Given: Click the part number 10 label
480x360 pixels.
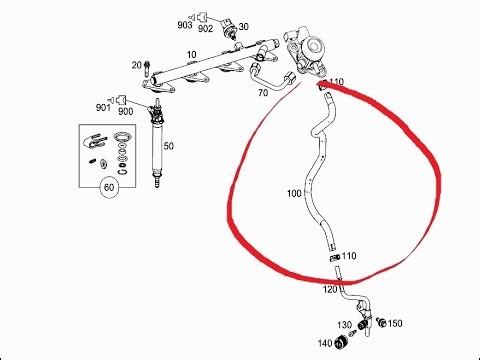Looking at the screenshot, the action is click(x=191, y=54).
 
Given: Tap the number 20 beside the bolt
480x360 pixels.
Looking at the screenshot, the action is click(x=137, y=65).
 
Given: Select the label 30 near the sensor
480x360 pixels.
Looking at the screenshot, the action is click(x=243, y=26).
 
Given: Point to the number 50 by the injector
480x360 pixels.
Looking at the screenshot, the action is click(x=168, y=146).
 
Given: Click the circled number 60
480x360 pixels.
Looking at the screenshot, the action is click(x=109, y=187).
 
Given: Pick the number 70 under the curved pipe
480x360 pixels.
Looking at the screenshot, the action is click(x=263, y=93).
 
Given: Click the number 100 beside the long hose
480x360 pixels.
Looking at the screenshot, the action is click(x=294, y=193).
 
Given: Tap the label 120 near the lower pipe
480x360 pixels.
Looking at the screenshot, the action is click(x=330, y=289).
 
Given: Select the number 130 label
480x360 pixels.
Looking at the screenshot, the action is click(x=344, y=324).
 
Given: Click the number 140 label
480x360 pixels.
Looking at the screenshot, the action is click(x=325, y=343).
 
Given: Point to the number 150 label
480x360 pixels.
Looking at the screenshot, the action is click(x=395, y=323).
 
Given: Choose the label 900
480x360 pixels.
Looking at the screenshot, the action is click(x=126, y=111).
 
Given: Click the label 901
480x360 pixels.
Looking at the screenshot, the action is click(x=103, y=107).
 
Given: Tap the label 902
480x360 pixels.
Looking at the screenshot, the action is click(x=205, y=29).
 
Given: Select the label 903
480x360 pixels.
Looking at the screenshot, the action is click(x=185, y=25).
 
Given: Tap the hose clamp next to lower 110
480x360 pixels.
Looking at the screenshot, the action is click(x=335, y=258).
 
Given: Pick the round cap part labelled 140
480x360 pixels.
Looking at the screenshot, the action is click(x=341, y=342).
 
